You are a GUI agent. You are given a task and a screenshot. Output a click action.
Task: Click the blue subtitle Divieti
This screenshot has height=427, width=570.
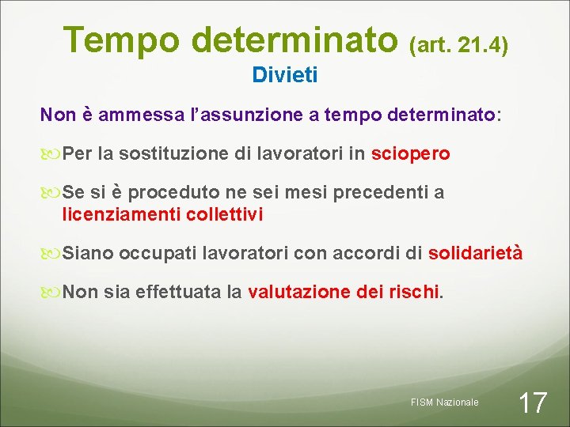[285, 76]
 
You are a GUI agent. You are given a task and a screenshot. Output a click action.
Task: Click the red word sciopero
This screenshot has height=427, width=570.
[410, 153]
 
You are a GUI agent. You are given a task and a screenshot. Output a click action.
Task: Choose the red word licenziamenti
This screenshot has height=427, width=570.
[121, 214]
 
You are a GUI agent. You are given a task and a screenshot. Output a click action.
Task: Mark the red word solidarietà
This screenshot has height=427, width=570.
[475, 253]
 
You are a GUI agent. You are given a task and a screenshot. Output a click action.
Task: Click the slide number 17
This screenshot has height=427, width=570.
[532, 402]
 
